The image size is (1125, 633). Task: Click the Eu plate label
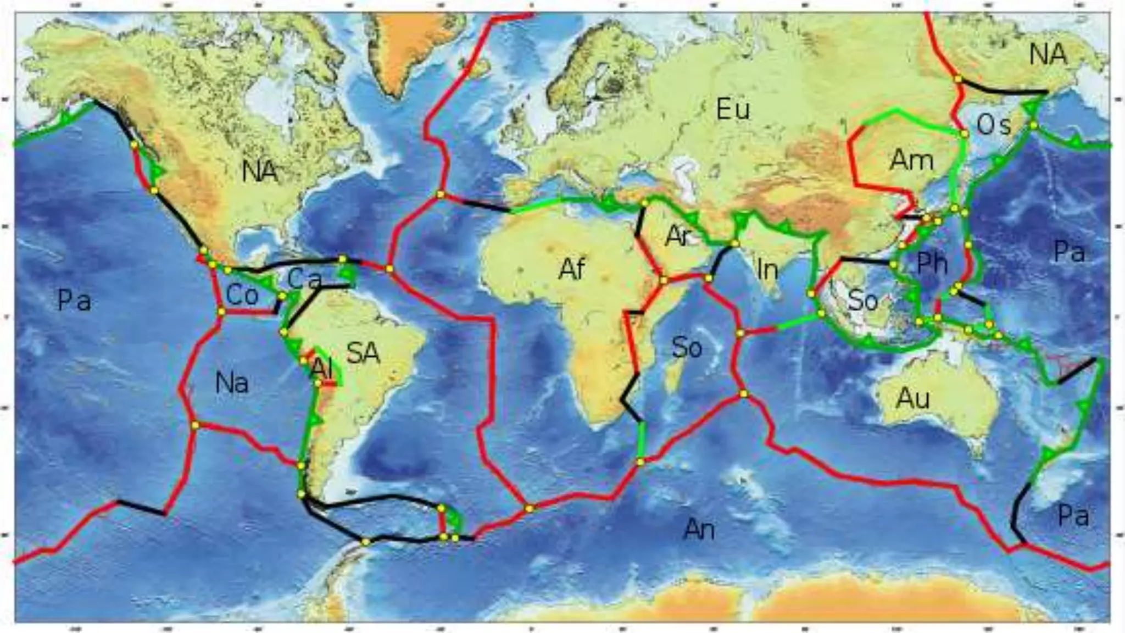(x=733, y=110)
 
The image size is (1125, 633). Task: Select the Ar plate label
(x=677, y=236)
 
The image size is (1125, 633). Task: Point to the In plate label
(x=767, y=269)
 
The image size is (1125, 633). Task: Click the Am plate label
(x=911, y=160)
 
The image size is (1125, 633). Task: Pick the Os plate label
(x=993, y=125)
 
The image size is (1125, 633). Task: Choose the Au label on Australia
(x=913, y=398)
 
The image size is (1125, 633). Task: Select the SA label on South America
(x=363, y=353)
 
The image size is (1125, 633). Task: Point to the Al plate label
(x=322, y=369)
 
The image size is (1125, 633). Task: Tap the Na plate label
(x=232, y=382)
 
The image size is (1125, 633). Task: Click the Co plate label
(x=242, y=296)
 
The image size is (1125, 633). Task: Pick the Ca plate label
(x=304, y=280)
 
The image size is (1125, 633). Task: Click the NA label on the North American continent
(x=260, y=172)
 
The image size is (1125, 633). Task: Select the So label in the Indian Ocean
(x=687, y=348)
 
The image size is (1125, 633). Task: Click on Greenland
(x=412, y=49)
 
